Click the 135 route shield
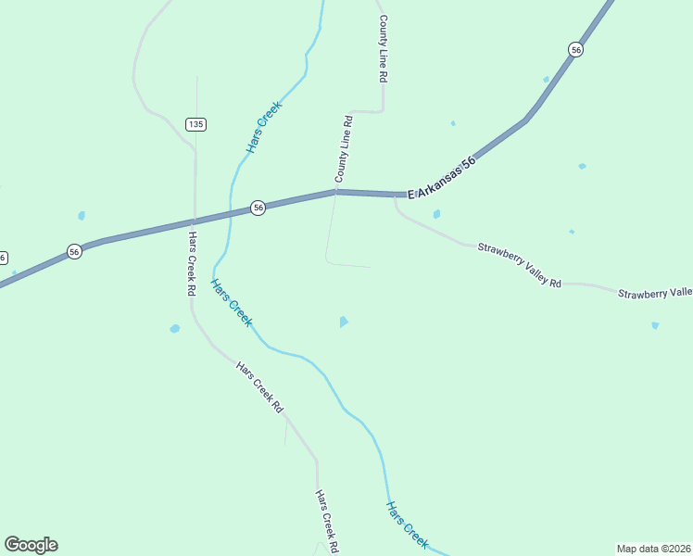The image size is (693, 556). tap(195, 123)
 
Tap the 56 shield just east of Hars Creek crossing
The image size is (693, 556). tap(258, 208)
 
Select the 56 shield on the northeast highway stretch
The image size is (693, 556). tap(576, 49)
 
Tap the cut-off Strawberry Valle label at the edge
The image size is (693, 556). tap(655, 293)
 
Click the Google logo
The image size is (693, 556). tap(31, 545)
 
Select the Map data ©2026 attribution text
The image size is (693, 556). tap(653, 548)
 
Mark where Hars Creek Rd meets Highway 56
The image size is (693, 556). tap(193, 222)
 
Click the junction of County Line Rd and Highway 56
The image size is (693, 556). tap(336, 192)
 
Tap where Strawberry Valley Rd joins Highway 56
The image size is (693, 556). tap(397, 196)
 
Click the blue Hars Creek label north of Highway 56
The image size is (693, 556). tap(263, 127)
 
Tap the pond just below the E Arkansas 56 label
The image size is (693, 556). tap(436, 214)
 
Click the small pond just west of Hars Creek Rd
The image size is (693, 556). tap(174, 328)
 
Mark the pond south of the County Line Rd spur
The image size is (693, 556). tap(344, 322)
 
